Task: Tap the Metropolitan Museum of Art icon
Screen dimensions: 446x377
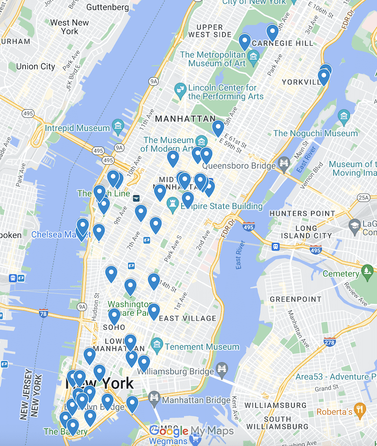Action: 253,55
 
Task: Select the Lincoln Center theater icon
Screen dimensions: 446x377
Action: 179,91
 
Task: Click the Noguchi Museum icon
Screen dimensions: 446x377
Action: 344,117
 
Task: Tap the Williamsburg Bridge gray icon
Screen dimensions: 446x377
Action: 222,371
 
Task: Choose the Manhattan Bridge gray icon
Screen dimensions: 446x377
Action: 154,400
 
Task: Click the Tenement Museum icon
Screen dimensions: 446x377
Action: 157,346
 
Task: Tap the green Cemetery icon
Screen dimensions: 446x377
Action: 367,273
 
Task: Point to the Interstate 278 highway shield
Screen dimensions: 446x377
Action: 330,343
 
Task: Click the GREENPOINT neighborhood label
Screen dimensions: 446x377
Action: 296,299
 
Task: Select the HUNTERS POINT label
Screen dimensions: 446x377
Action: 302,213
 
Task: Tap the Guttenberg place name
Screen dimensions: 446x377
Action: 107,8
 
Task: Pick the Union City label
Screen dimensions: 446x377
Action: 35,66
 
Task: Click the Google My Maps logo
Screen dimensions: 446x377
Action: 192,431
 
